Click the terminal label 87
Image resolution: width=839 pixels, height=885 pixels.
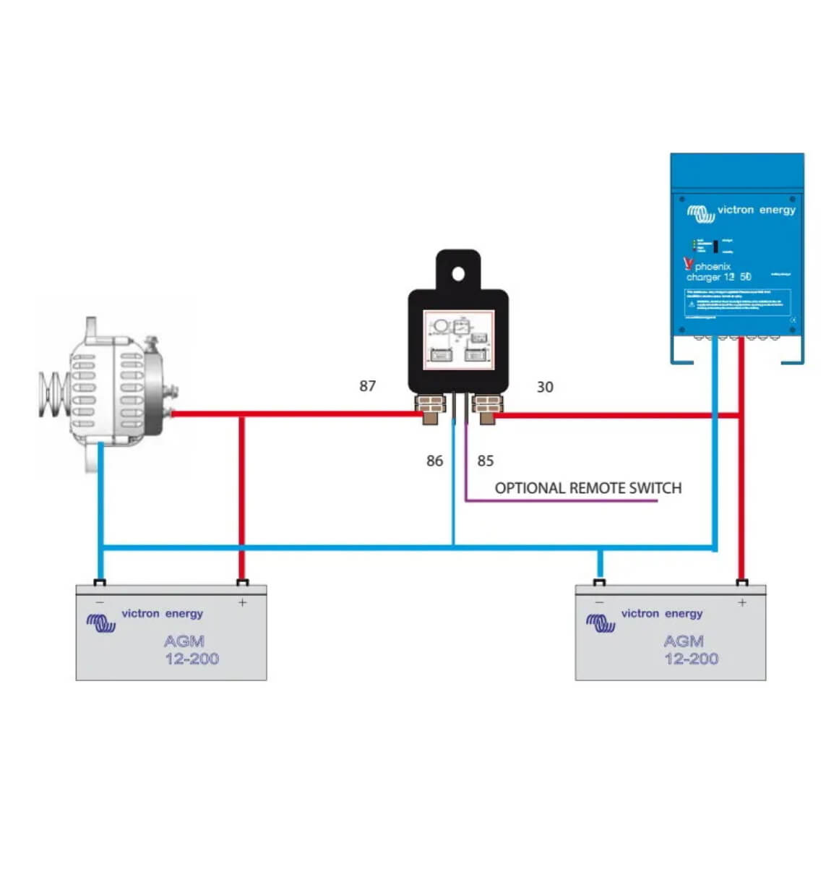[367, 386]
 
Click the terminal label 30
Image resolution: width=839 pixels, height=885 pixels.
[544, 387]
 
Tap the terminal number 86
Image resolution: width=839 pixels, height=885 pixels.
[434, 461]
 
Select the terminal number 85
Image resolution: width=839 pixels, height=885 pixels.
[485, 461]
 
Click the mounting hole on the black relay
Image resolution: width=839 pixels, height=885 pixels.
[457, 273]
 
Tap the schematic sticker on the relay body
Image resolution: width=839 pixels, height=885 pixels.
[458, 340]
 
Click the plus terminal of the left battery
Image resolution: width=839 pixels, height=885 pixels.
[242, 583]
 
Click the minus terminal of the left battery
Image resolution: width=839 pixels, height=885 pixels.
[100, 583]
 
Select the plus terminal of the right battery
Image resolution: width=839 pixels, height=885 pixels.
[741, 583]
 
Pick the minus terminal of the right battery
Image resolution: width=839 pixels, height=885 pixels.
[599, 583]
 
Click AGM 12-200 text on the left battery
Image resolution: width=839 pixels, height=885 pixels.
[191, 649]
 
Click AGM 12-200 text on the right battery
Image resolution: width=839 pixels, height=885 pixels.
[690, 649]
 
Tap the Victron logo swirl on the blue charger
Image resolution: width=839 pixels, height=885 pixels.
[700, 213]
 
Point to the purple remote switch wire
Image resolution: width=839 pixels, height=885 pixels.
[560, 500]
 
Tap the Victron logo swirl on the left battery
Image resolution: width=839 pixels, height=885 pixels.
[100, 622]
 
